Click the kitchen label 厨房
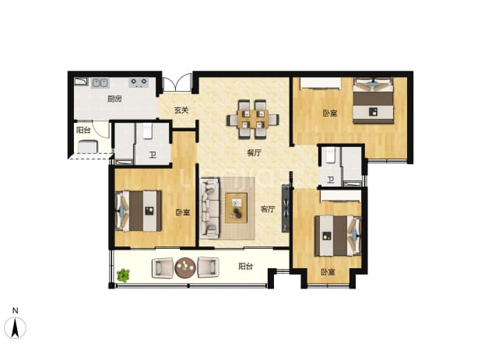(114, 99)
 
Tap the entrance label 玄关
(181, 110)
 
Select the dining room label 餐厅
(255, 152)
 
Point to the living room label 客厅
(268, 209)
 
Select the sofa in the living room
(210, 208)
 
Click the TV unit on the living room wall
(286, 208)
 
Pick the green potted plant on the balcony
(123, 275)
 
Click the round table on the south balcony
(185, 267)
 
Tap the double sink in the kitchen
(100, 82)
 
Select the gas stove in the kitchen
(139, 82)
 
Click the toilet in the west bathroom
(148, 131)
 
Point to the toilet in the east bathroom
(330, 155)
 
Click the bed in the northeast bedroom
(373, 100)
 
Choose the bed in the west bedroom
(139, 211)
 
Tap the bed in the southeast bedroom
(338, 236)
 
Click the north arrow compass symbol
(15, 324)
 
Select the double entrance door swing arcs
(177, 82)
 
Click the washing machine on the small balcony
(88, 146)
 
